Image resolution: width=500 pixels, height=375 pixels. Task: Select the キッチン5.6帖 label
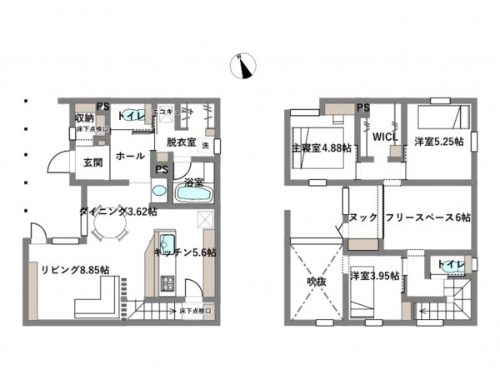185,252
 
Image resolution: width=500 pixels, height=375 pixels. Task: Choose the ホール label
129,156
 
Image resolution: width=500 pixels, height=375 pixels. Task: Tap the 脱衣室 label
181,142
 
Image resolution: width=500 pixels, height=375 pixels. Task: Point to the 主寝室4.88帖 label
321,149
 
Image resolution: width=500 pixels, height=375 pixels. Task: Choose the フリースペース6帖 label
428,217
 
